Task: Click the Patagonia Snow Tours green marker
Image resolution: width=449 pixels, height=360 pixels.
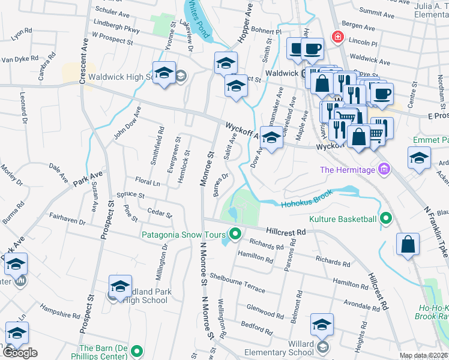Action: tap(235, 234)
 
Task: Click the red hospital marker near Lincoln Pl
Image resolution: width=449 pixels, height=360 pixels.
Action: tap(338, 37)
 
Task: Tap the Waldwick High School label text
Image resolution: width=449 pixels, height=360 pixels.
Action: tap(123, 77)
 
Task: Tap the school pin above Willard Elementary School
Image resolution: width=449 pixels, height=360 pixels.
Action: tap(322, 325)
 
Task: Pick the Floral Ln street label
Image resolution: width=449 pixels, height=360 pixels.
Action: tap(148, 181)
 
